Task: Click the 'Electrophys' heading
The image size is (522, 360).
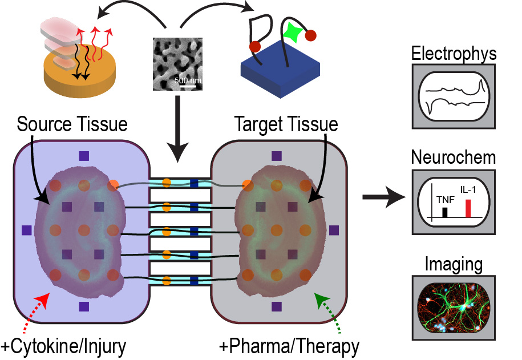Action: coord(454,55)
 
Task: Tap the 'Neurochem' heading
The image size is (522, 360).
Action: coord(454,157)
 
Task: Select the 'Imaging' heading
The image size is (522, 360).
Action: coord(454,265)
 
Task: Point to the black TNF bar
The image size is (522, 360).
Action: coord(446,213)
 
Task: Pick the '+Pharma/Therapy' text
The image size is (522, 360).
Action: coord(290,346)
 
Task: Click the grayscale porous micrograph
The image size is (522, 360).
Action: coord(177,64)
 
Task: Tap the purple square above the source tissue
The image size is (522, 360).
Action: coord(84,155)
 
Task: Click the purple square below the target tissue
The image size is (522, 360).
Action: coord(277,306)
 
